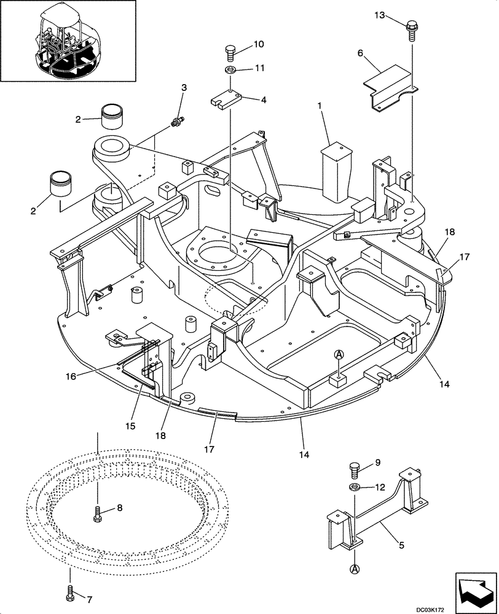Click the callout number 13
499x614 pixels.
382,15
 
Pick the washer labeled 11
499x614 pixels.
231,69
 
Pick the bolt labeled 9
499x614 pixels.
355,468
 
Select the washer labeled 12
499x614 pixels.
355,488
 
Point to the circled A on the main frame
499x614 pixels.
339,355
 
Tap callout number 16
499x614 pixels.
71,376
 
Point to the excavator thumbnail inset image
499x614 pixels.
68,41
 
